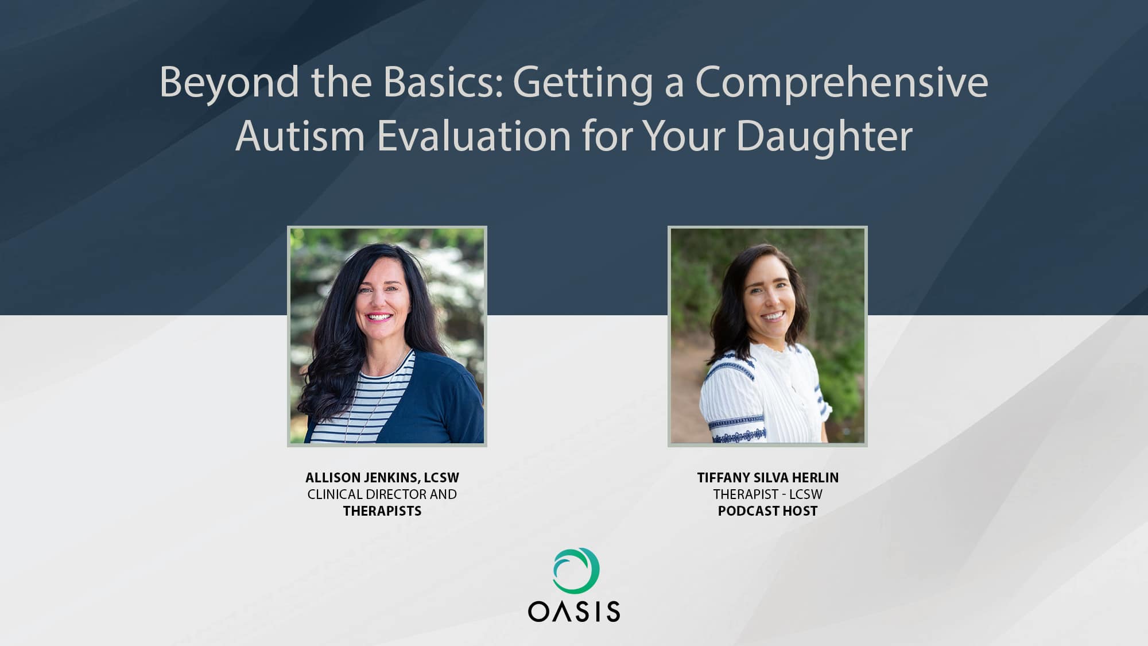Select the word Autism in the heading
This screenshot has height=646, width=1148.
click(300, 136)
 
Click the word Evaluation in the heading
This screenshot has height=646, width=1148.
click(474, 136)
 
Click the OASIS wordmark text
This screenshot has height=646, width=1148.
click(574, 612)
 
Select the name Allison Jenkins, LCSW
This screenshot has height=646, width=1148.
click(382, 478)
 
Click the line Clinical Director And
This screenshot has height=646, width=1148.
click(382, 494)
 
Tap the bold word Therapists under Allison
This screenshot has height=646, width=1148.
click(382, 511)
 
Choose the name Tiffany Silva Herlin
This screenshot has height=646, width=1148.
click(768, 478)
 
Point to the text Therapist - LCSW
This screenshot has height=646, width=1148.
click(768, 494)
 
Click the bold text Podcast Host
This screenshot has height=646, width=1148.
click(768, 511)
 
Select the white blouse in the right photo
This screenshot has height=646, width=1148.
click(763, 396)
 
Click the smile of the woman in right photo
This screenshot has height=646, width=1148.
click(773, 316)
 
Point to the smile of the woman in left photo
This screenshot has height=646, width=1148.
click(379, 317)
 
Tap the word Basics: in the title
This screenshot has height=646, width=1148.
click(443, 82)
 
